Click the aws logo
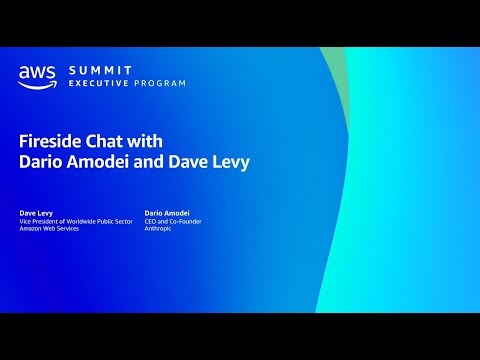click(37, 75)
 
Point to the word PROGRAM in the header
click(159, 83)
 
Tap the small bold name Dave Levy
click(36, 213)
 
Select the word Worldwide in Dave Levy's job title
click(95, 222)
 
